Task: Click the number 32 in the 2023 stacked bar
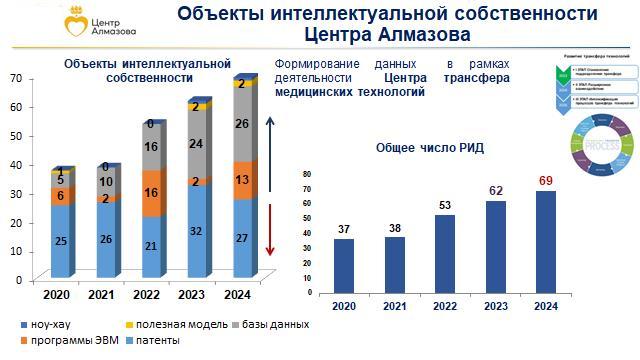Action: tap(197, 230)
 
